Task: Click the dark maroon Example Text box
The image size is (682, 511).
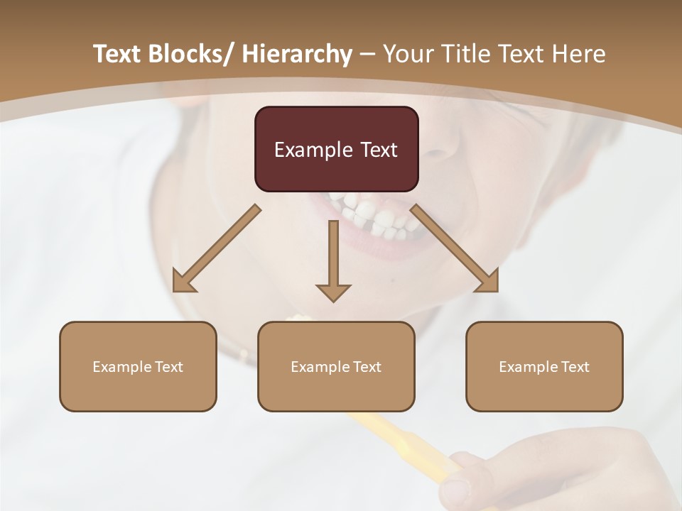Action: click(x=336, y=149)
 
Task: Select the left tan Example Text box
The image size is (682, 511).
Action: click(x=138, y=366)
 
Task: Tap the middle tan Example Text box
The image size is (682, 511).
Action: click(x=336, y=366)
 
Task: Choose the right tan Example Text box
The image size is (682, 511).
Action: click(x=544, y=366)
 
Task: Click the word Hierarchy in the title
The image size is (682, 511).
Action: click(x=297, y=54)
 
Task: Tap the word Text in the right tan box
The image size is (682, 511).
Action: click(x=574, y=366)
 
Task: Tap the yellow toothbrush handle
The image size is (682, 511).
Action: click(x=398, y=440)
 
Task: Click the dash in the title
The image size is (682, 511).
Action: click(x=367, y=54)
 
